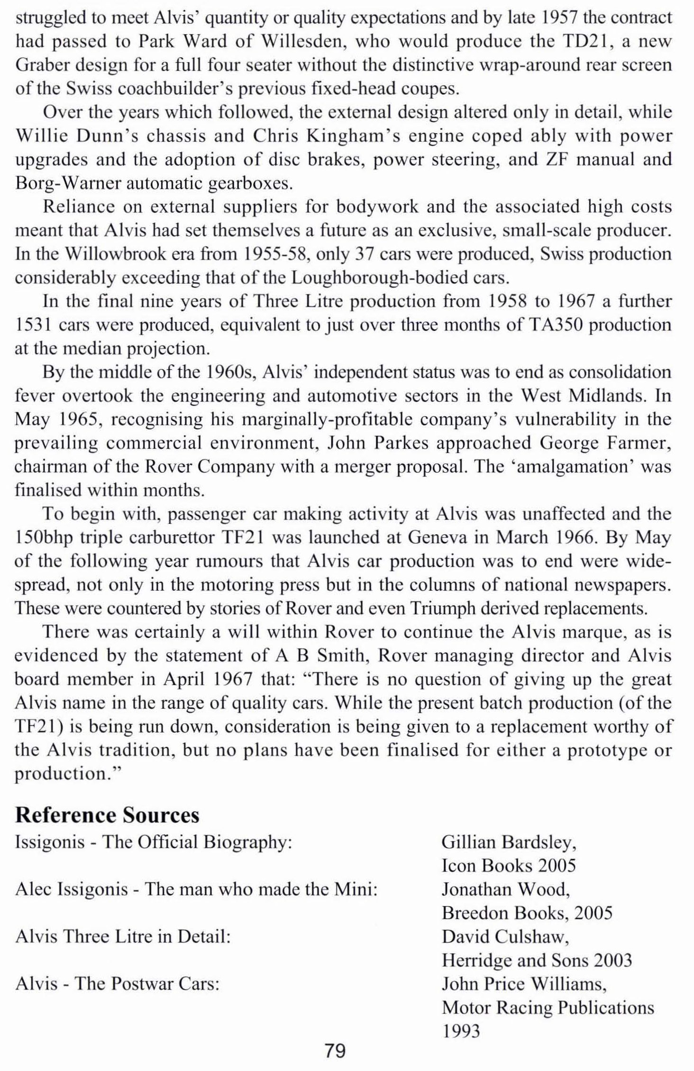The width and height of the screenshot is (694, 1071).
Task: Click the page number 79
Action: pos(336,1051)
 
